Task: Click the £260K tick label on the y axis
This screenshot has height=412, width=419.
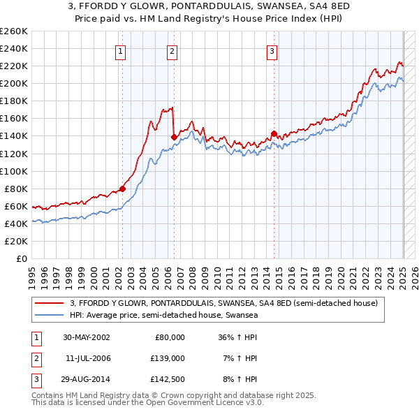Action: [x=14, y=31]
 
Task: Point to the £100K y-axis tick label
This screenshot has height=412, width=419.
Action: [x=14, y=171]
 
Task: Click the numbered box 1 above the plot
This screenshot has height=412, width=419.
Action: [x=122, y=50]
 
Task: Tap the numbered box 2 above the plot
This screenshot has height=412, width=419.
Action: [x=172, y=50]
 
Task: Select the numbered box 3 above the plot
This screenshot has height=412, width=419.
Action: [x=272, y=50]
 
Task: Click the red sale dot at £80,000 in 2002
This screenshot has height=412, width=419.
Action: [x=122, y=189]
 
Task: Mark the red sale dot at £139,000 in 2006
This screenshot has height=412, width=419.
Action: [x=173, y=137]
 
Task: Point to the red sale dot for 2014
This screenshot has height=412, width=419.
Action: [x=274, y=133]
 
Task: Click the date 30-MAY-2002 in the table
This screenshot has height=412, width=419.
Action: [x=86, y=337]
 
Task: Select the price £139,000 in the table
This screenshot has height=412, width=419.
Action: [x=168, y=358]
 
